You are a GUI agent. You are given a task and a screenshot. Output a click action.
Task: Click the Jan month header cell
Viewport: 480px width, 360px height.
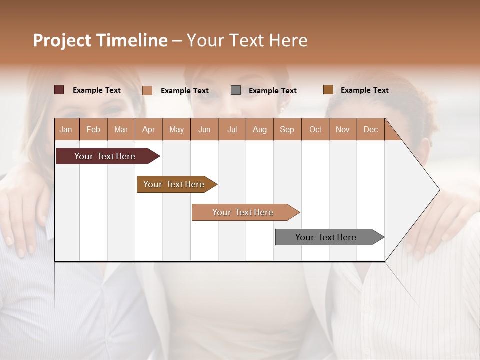click(x=66, y=129)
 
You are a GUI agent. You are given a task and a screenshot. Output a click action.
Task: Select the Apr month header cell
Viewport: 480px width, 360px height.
click(x=149, y=129)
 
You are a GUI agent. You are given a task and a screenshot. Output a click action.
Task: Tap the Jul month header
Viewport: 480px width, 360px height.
click(x=232, y=129)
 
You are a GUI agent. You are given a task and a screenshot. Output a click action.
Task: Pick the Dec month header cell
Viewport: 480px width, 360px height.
click(x=370, y=129)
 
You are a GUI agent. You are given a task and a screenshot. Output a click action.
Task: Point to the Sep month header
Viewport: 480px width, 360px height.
click(x=287, y=129)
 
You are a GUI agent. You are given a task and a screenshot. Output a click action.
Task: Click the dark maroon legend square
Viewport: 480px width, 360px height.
click(x=59, y=90)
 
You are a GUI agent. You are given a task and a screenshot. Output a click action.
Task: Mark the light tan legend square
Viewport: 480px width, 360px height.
click(x=147, y=90)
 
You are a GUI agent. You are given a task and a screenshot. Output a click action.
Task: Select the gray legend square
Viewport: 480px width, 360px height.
click(x=236, y=90)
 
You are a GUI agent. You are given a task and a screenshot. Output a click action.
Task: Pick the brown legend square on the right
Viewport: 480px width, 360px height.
click(x=328, y=90)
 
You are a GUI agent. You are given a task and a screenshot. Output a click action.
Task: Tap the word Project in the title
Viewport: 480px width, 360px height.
click(x=62, y=40)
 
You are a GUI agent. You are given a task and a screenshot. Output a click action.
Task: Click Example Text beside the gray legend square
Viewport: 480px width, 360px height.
click(x=272, y=91)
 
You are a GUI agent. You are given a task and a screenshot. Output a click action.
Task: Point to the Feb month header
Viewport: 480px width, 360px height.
click(x=93, y=129)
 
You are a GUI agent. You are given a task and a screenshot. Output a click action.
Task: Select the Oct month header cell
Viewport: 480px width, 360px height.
click(x=315, y=129)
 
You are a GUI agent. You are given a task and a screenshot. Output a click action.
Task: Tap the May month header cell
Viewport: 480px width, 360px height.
click(x=176, y=129)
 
